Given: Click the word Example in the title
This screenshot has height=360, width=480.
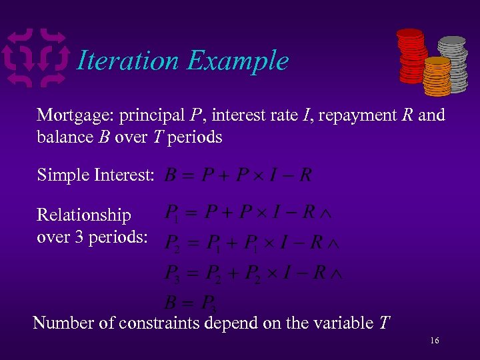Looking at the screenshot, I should coord(237,61).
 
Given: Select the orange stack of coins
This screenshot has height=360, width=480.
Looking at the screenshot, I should coord(437,77).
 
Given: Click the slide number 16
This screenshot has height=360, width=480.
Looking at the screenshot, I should coord(434,341).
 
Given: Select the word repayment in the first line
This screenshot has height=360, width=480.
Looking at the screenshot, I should coord(365,115).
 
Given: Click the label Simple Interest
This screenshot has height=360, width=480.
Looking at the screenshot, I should coord(96,175).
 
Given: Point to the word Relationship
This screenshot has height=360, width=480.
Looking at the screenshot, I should coord(84,215).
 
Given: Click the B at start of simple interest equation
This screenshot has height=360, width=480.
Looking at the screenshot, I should coord(171,175).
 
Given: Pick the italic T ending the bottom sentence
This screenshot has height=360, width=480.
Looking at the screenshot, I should coord(384,323).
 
